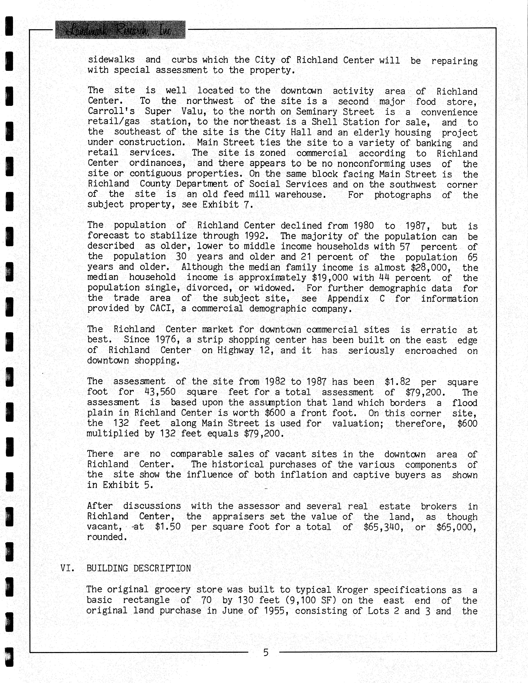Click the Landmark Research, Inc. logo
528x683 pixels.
click(x=120, y=30)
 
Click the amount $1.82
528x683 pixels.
click(x=397, y=382)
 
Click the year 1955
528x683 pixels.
click(x=276, y=611)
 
